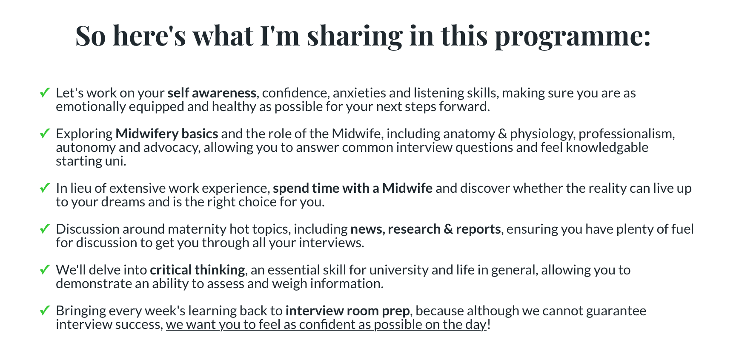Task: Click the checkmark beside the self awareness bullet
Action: click(x=45, y=93)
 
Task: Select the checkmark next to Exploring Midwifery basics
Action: click(x=45, y=134)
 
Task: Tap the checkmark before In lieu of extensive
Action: click(x=45, y=188)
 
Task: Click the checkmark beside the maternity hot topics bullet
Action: click(x=45, y=229)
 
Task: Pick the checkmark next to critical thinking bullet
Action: click(x=45, y=270)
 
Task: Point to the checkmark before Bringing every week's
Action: click(x=45, y=311)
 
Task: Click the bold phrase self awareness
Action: click(x=212, y=93)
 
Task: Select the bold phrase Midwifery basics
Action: click(x=167, y=134)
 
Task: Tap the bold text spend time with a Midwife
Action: click(x=353, y=188)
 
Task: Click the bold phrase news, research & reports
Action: click(x=426, y=229)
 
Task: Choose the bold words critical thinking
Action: click(x=198, y=270)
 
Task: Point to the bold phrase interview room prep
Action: click(x=348, y=311)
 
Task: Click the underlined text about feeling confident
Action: click(x=326, y=325)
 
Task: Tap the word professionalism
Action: click(x=627, y=134)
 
